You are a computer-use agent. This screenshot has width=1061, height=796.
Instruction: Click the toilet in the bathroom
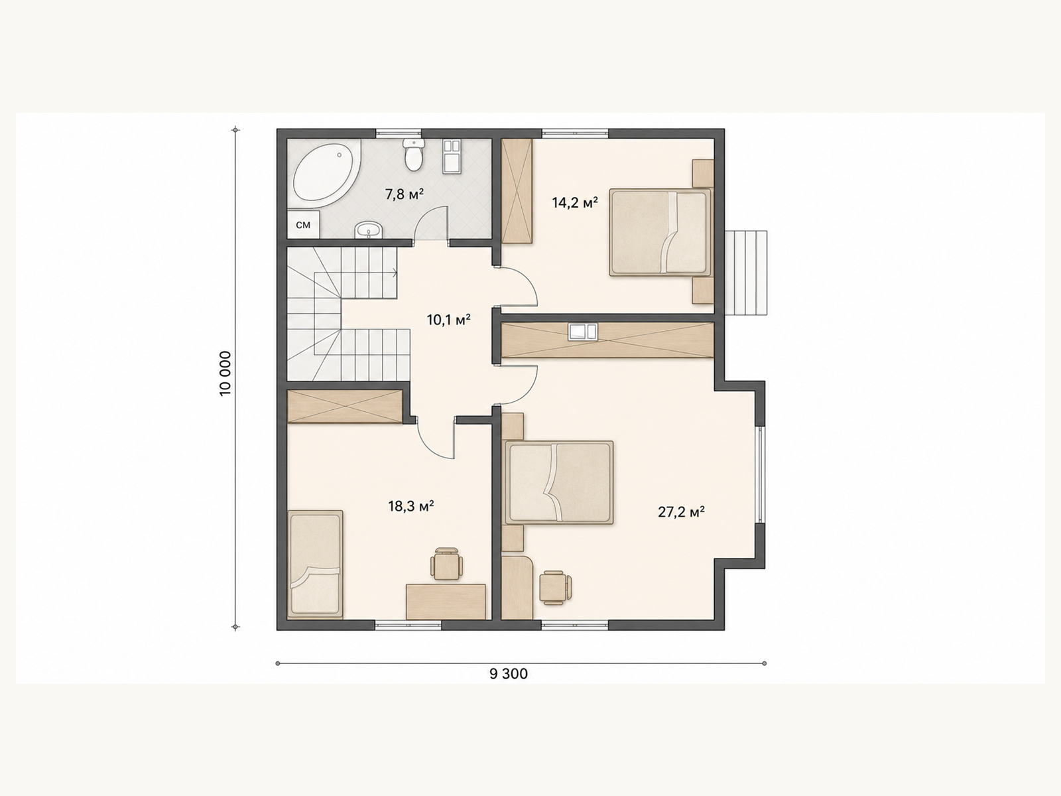coord(413,154)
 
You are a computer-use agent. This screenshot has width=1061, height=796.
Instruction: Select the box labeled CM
coord(303,225)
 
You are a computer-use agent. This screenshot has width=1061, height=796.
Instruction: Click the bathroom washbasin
coord(369,230)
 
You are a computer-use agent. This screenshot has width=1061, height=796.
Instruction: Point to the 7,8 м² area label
coord(404,194)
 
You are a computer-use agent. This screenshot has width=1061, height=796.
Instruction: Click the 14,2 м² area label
coord(575,202)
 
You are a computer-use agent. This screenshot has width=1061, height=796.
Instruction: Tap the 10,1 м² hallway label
coord(448,320)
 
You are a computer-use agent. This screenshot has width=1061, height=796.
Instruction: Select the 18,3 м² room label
coord(411,506)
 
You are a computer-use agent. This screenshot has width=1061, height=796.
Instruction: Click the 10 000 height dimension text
coord(225,373)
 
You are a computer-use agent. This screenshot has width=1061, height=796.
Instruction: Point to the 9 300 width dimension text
coord(509,674)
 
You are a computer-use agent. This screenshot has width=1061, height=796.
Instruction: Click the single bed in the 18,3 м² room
coord(316,564)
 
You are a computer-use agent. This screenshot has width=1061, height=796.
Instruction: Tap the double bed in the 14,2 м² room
coord(660,232)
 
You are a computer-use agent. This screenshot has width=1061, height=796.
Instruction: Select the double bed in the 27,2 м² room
coord(558,482)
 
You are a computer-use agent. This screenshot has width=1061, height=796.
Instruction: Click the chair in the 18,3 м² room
coord(446,564)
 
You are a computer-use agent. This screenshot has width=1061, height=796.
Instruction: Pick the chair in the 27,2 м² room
coord(555,587)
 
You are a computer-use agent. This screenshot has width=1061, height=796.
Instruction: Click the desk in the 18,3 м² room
coord(446,601)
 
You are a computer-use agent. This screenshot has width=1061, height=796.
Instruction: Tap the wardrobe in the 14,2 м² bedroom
coord(517,191)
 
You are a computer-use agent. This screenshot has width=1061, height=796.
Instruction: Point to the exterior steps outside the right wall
coord(745,273)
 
